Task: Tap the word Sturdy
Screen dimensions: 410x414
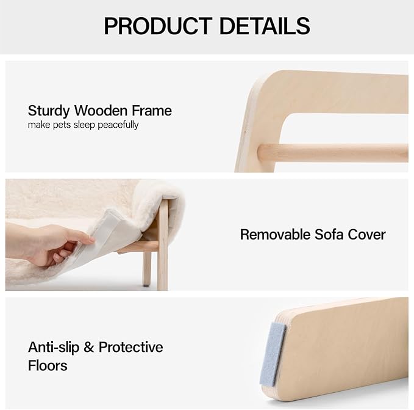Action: click(49, 111)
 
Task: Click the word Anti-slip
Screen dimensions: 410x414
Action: click(53, 347)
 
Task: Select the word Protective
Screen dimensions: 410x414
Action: click(130, 347)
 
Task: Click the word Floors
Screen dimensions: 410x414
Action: click(48, 365)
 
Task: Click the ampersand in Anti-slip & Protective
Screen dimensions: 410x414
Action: click(89, 347)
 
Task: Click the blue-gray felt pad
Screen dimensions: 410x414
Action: click(273, 354)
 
